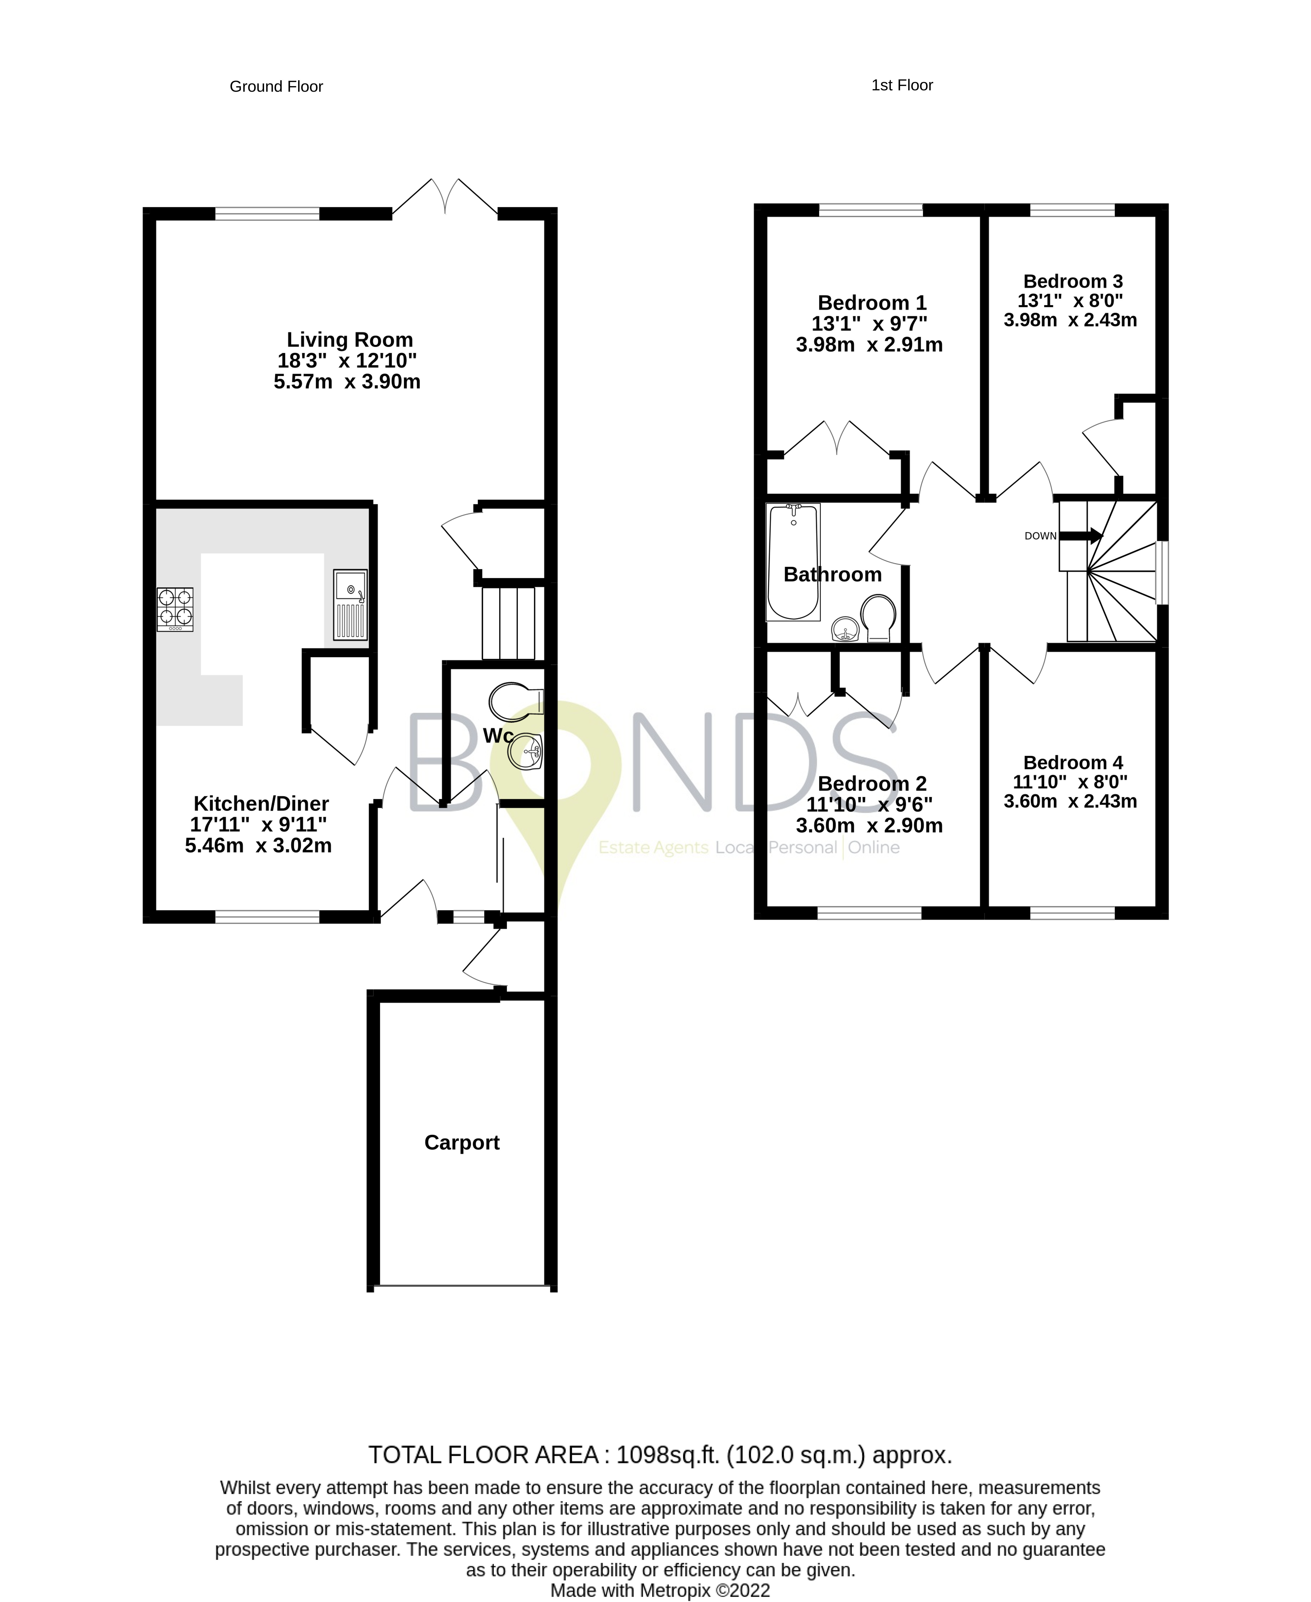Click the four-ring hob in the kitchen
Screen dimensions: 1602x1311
coord(174,609)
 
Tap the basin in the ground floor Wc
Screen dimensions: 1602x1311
coord(526,752)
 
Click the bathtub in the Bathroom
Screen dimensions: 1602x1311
coord(793,561)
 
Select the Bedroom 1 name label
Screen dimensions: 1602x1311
coord(871,303)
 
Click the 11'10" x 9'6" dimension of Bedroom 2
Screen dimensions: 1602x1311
coord(869,804)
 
